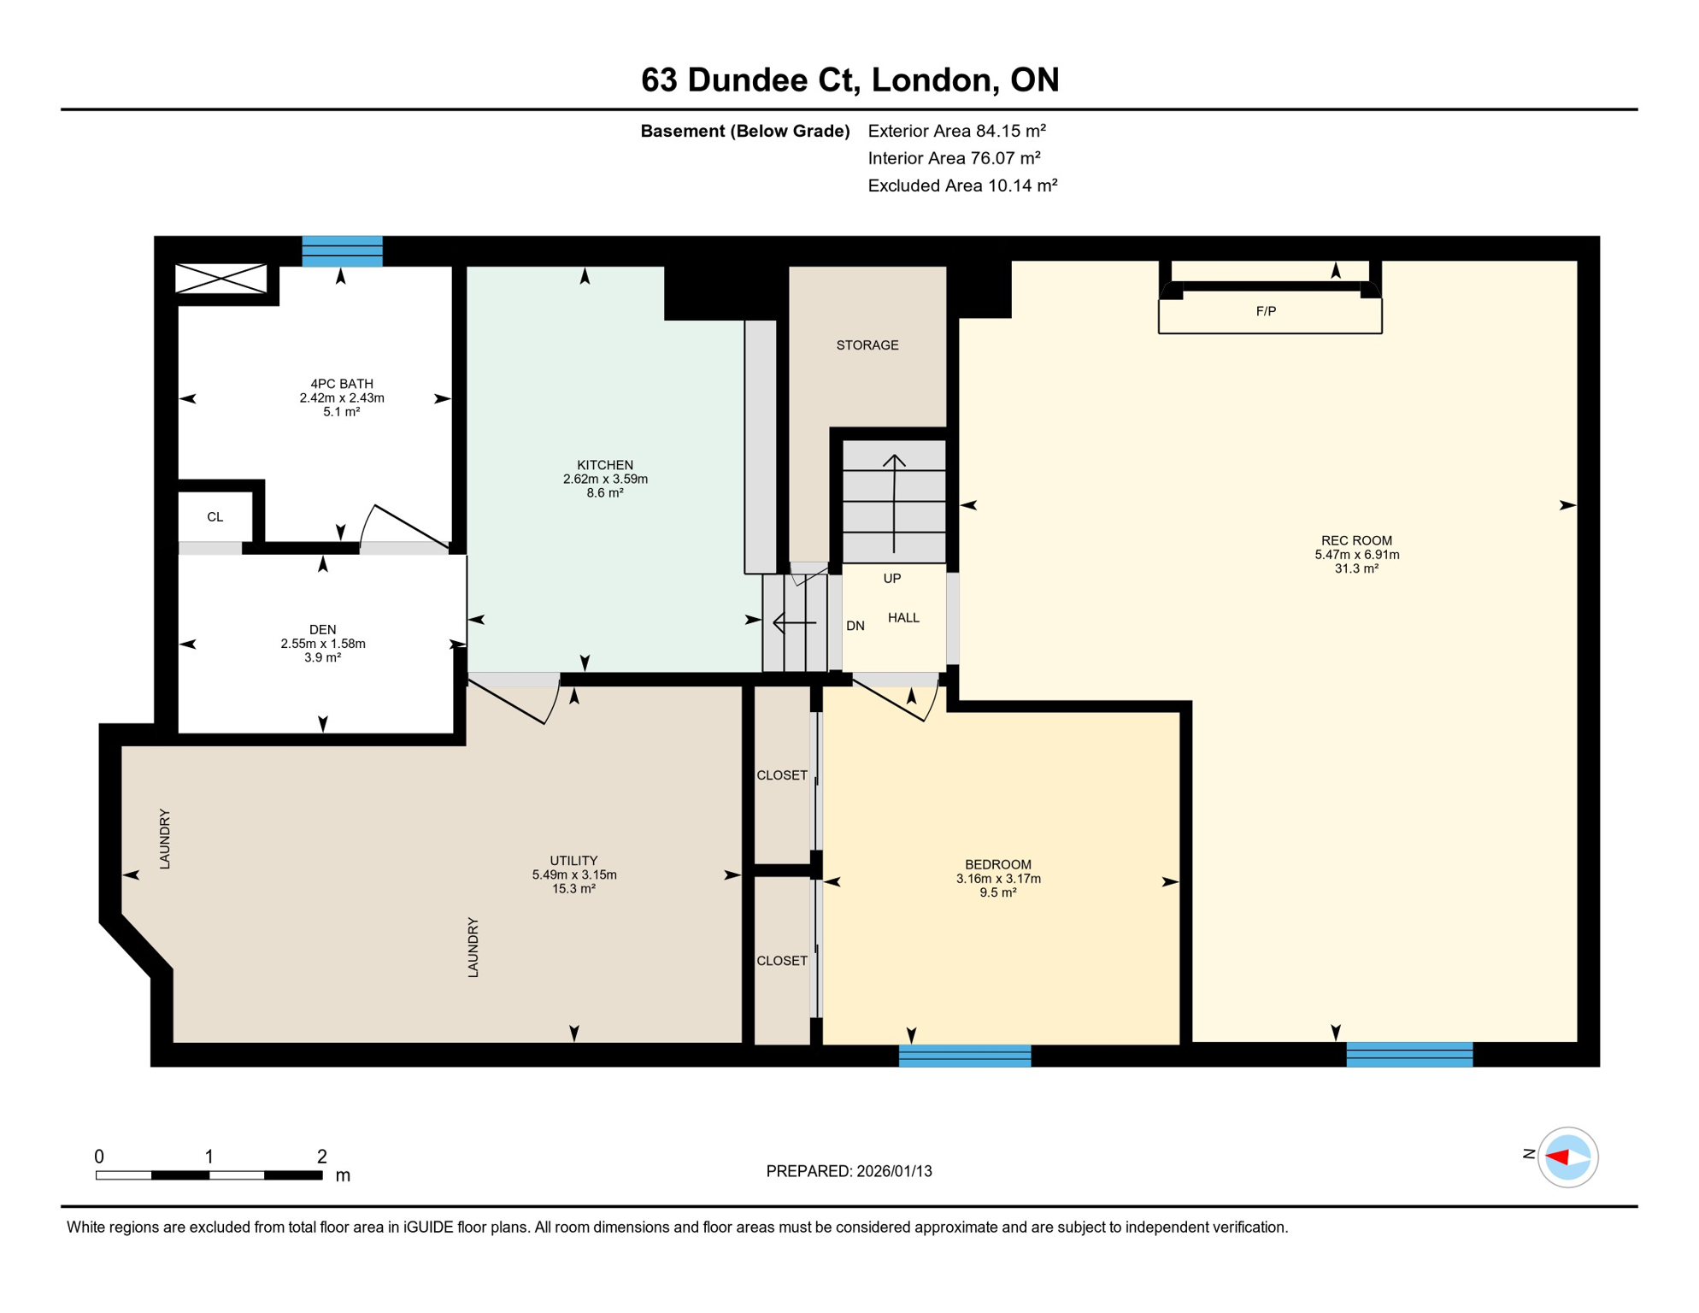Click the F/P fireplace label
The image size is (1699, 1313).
[1266, 312]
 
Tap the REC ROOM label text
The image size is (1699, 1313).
[1356, 540]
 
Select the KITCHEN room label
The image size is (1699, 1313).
[604, 465]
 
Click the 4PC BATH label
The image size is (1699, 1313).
[342, 384]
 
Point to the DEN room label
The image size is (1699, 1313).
[322, 630]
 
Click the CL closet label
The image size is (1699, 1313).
[215, 517]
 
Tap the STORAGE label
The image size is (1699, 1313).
[867, 345]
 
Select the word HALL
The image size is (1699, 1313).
[903, 618]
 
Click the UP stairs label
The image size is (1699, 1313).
[891, 579]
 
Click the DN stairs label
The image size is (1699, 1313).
[855, 626]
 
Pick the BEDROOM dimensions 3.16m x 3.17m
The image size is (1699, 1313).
[998, 879]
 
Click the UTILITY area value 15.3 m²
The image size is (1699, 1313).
[573, 889]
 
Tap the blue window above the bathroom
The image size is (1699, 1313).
[342, 251]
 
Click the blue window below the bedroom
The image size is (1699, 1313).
[965, 1056]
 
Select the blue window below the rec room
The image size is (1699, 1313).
[1409, 1055]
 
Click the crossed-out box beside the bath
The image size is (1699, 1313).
[220, 279]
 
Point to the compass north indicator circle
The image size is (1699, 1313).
[1567, 1157]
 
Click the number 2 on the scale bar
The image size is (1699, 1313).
[321, 1157]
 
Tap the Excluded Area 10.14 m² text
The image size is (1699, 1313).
[962, 185]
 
